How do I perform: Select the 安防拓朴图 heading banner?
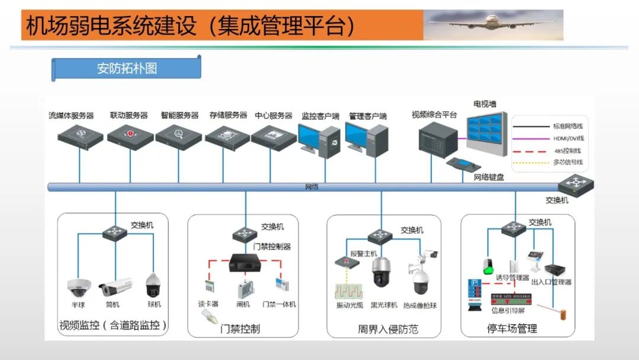127,68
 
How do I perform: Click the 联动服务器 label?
129,115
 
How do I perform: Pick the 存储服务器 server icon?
228,136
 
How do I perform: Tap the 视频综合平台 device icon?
438,142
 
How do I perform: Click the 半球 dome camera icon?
79,287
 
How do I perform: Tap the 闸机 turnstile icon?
244,289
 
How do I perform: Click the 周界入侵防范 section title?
388,329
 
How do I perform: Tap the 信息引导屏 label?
507,310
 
